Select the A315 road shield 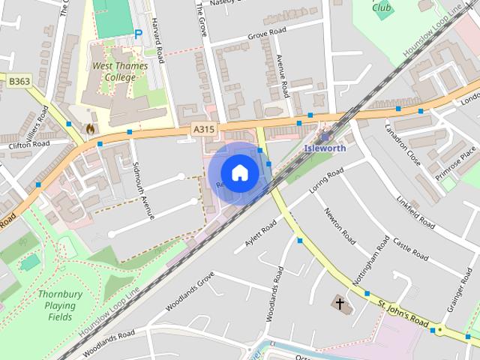click(203, 130)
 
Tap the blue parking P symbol click(139, 34)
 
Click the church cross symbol click(340, 304)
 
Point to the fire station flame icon click(91, 129)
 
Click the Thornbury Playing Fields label click(57, 305)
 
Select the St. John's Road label click(404, 316)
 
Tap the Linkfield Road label click(415, 212)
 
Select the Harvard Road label click(156, 39)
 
